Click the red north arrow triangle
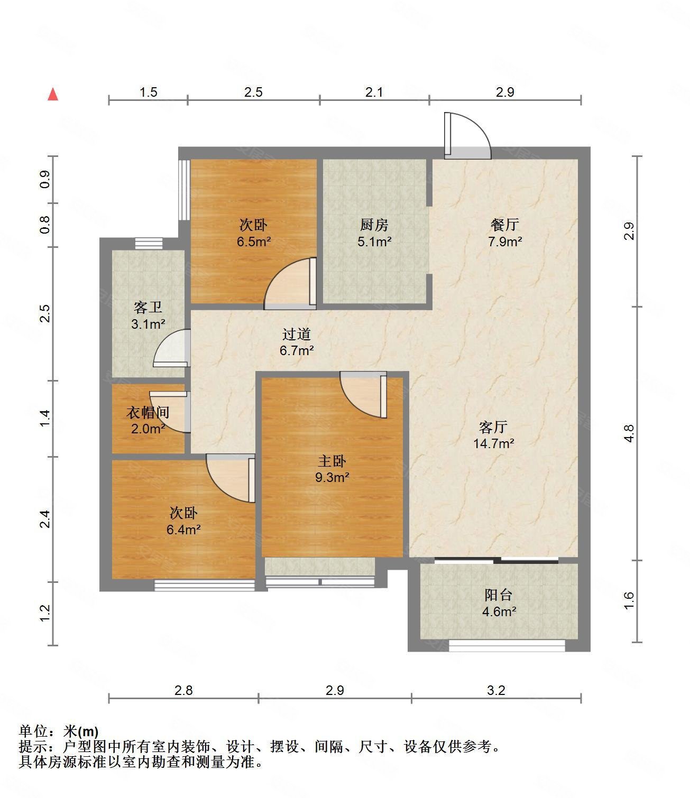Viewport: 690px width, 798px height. click(x=53, y=95)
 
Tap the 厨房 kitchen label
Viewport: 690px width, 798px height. click(x=374, y=225)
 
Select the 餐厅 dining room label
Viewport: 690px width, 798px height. click(x=504, y=224)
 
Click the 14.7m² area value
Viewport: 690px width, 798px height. click(x=494, y=443)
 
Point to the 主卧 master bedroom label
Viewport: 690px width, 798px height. click(x=332, y=461)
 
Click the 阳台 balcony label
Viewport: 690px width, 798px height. click(x=499, y=595)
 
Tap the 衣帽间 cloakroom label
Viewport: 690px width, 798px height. click(x=148, y=412)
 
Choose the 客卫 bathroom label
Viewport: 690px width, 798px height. click(x=148, y=307)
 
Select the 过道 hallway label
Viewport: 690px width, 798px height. click(x=296, y=334)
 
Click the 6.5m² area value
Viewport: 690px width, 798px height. click(x=254, y=242)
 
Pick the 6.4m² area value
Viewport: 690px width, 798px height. click(x=183, y=530)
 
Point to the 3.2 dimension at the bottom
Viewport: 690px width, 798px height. click(x=496, y=690)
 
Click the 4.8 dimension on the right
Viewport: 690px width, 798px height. click(x=629, y=433)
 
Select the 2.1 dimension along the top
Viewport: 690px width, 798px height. click(x=374, y=92)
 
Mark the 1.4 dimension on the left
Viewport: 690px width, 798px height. click(x=45, y=419)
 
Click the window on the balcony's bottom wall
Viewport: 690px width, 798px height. click(x=507, y=645)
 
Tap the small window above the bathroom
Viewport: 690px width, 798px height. click(x=149, y=244)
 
